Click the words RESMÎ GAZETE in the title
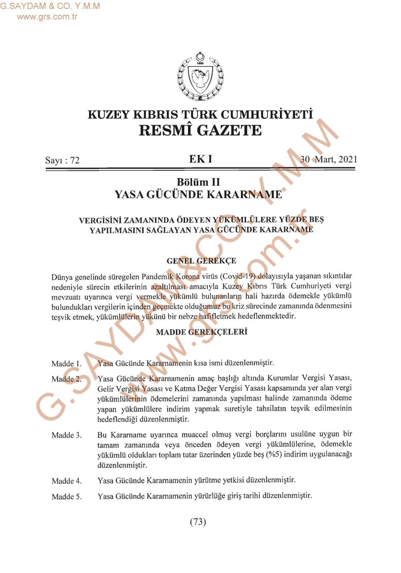click(200, 130)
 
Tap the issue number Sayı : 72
click(62, 160)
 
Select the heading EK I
click(200, 159)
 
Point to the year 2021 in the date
click(348, 159)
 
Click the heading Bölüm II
click(198, 182)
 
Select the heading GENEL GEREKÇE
click(201, 261)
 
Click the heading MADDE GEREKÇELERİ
click(202, 332)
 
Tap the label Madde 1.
click(67, 364)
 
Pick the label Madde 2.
click(67, 379)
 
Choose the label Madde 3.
click(67, 435)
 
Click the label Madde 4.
click(67, 481)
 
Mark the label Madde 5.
click(67, 497)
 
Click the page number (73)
click(198, 521)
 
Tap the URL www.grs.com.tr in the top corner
click(47, 16)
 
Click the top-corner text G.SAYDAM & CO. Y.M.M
click(50, 6)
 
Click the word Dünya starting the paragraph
click(62, 277)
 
